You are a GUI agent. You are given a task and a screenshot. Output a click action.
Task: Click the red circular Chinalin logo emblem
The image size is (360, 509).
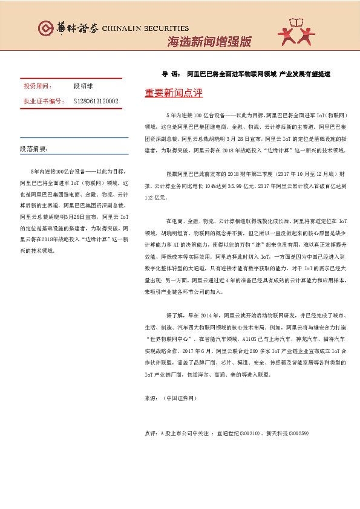tap(45, 28)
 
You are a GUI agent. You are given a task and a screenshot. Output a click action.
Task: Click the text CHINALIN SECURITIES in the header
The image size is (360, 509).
tap(142, 28)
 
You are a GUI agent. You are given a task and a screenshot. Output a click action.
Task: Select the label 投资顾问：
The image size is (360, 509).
tap(36, 87)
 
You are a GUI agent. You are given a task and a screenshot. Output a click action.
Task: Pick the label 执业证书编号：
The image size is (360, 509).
tap(43, 102)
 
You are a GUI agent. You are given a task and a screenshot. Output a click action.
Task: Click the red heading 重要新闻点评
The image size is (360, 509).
tap(174, 93)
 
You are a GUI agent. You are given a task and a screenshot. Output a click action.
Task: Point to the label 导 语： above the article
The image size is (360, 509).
tap(171, 74)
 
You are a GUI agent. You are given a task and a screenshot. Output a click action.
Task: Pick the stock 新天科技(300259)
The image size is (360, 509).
tap(288, 433)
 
